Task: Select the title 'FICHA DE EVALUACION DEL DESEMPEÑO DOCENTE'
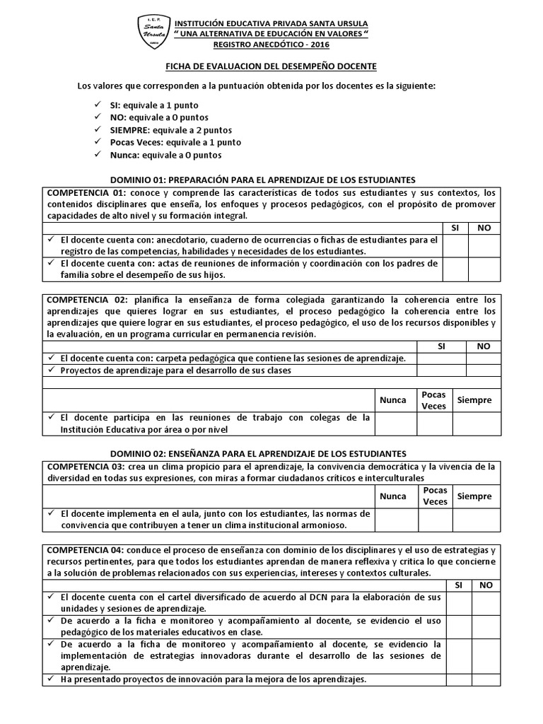tap(271, 66)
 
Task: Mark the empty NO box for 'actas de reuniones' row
tap(484, 269)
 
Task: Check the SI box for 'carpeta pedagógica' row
tap(441, 358)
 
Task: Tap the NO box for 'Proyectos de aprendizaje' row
tap(484, 370)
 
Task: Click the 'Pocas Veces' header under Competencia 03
tap(435, 496)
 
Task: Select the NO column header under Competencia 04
tap(486, 585)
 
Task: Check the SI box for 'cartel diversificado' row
tap(459, 602)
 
